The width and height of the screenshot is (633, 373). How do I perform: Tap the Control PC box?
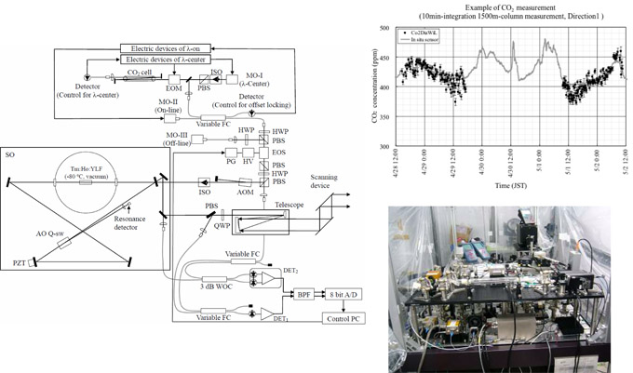[345, 318]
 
